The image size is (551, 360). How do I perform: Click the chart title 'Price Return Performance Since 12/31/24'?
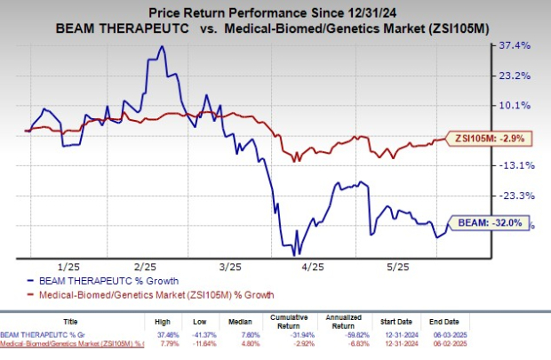click(275, 13)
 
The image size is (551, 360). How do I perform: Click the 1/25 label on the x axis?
click(65, 266)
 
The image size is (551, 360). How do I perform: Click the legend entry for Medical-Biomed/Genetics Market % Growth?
click(153, 294)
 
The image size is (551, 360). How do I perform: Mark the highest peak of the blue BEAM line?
click(161, 46)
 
